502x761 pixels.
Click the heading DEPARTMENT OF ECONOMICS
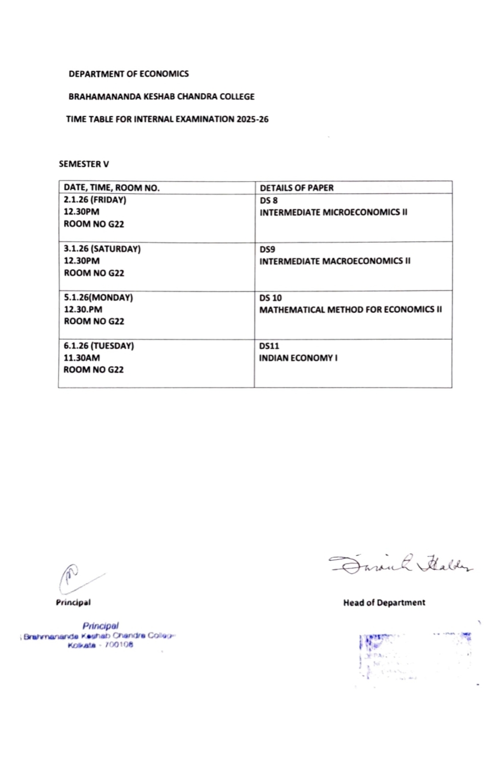(x=129, y=74)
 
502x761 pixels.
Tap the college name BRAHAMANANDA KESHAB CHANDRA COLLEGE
(x=161, y=97)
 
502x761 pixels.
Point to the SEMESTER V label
(x=84, y=164)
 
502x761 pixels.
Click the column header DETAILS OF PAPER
(x=297, y=188)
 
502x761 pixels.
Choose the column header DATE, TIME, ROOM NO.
(x=112, y=188)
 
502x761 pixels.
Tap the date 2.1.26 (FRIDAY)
(x=95, y=200)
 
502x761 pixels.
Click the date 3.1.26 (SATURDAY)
(x=102, y=249)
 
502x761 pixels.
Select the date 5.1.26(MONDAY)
(x=98, y=298)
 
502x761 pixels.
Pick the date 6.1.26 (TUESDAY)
(x=99, y=346)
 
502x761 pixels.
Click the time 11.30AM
(x=82, y=358)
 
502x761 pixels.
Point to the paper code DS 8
(x=268, y=200)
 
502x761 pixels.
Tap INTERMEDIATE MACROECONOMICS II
(x=334, y=261)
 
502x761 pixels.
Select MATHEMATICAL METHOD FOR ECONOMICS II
(x=350, y=310)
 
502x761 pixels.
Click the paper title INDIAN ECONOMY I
(x=298, y=358)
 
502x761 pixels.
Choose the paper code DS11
(x=269, y=346)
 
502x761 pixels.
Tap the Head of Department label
(x=384, y=603)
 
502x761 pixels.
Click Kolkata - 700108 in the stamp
(x=100, y=646)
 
